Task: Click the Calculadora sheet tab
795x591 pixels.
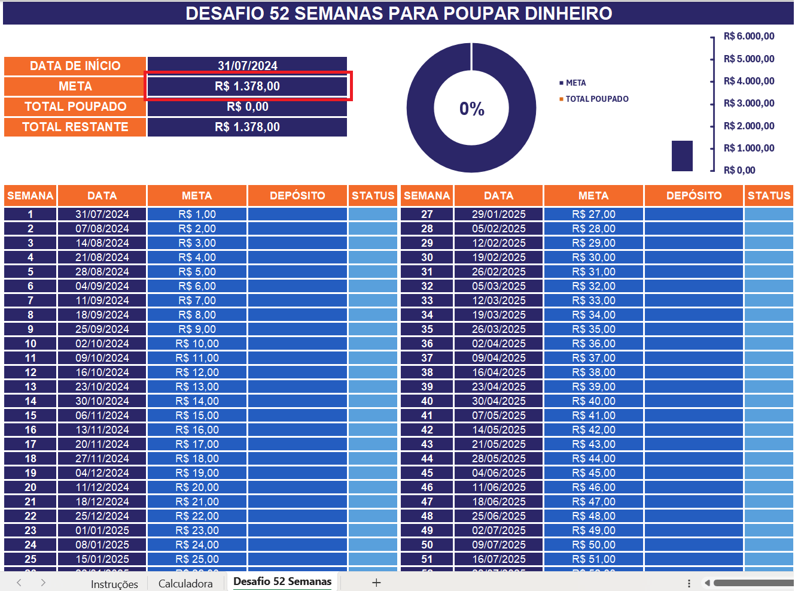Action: (185, 583)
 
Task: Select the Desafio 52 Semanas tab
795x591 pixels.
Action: (282, 581)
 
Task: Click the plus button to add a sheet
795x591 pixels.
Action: (376, 583)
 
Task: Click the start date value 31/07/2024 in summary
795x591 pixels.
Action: (247, 65)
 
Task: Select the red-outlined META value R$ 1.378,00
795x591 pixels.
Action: (247, 86)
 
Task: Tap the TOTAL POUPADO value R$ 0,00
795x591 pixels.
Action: (247, 107)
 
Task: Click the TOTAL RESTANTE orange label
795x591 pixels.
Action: (75, 127)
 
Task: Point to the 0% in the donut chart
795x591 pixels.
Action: (471, 109)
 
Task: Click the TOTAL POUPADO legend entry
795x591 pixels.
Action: (596, 99)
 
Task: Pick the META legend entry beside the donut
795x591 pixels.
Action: (575, 83)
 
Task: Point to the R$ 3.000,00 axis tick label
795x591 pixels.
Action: (748, 103)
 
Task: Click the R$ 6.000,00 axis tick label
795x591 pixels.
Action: (748, 36)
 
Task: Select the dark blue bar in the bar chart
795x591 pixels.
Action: (682, 156)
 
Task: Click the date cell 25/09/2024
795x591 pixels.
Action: (102, 329)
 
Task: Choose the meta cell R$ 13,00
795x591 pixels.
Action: (197, 387)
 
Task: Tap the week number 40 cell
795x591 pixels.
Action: (427, 401)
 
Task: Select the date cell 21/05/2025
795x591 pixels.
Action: (498, 444)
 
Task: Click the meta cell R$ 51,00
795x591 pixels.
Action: (593, 559)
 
